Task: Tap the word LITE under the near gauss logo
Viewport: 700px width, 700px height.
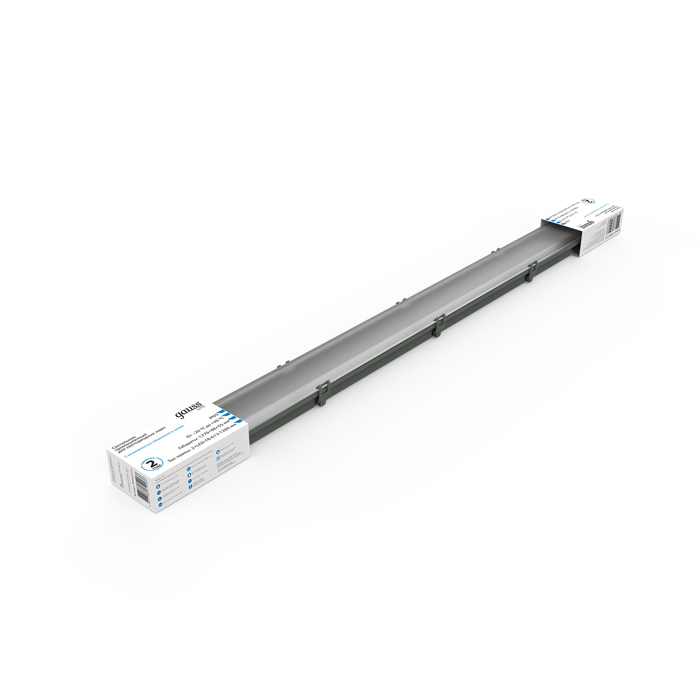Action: [x=198, y=409]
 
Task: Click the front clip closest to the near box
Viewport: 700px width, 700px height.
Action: [x=323, y=392]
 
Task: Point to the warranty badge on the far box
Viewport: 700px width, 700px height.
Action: [x=591, y=201]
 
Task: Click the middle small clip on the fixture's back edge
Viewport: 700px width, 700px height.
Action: [x=398, y=303]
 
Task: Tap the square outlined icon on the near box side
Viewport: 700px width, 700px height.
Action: [x=218, y=459]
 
